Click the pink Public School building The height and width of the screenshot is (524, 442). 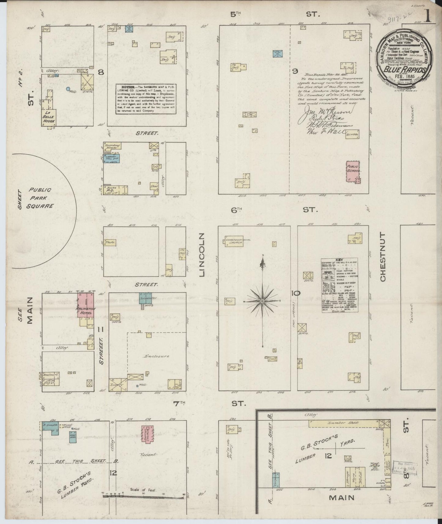(353, 171)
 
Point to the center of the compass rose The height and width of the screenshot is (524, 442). (262, 301)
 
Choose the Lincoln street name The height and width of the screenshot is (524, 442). (201, 255)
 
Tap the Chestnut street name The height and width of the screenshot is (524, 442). (383, 256)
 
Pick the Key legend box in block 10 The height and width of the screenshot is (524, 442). (340, 286)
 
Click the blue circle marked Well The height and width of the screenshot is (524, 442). (68, 89)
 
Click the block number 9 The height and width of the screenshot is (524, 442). (295, 71)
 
